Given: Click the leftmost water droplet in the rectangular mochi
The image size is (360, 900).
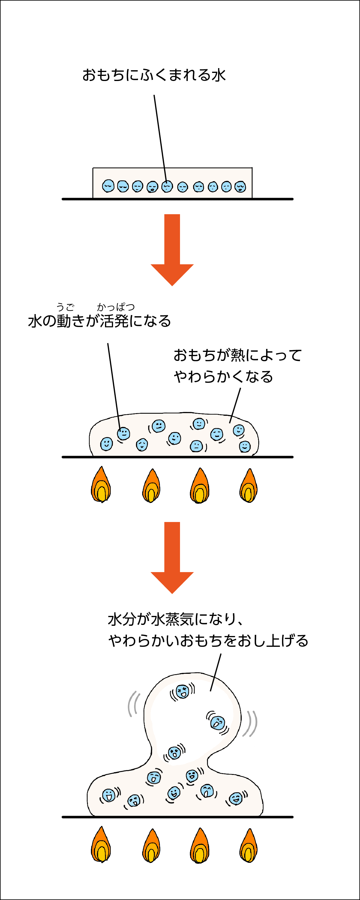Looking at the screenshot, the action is click(x=108, y=186).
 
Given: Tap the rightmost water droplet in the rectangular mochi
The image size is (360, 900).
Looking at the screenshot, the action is click(x=240, y=187).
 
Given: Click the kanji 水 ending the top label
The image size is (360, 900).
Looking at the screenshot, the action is click(x=218, y=75).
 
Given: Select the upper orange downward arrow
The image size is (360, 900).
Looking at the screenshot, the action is click(x=172, y=250).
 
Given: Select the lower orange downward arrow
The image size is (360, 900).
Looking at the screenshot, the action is click(x=172, y=558).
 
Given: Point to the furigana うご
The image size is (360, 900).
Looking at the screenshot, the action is click(x=65, y=307).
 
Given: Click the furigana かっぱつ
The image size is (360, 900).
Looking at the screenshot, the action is click(x=116, y=307).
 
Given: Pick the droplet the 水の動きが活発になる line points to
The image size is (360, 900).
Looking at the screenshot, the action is click(x=123, y=433).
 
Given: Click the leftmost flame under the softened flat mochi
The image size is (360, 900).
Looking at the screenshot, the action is click(x=101, y=484).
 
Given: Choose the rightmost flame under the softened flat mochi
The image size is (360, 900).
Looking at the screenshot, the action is click(x=248, y=485).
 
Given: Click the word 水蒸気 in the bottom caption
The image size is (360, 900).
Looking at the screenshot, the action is click(x=172, y=619).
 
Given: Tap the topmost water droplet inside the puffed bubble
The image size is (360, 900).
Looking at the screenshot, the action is click(x=182, y=691).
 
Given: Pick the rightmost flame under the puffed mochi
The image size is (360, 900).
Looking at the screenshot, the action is click(x=248, y=845).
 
